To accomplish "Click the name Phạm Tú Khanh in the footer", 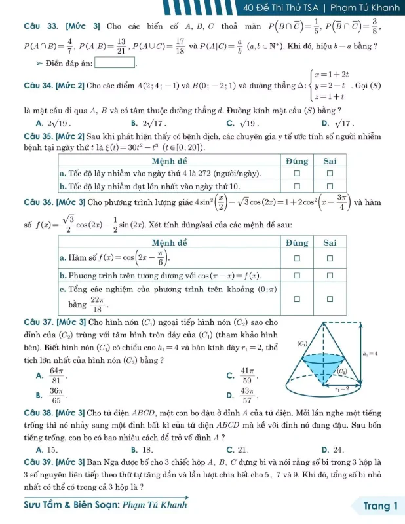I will click(140, 504).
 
